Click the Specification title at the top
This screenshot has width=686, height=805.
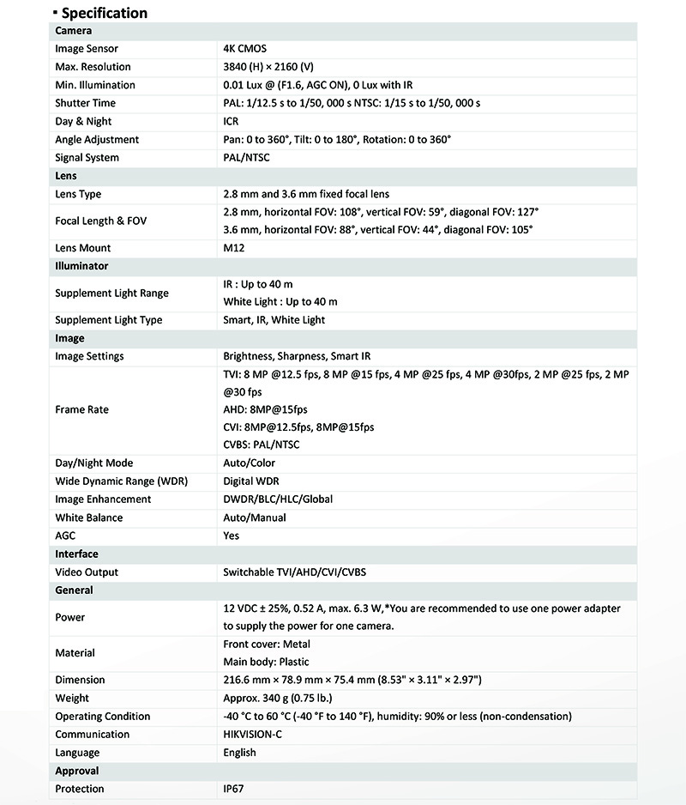pos(104,13)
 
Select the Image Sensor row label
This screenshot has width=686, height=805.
pos(87,49)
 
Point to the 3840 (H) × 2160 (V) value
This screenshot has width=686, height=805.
pos(269,67)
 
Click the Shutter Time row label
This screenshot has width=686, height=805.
pos(85,103)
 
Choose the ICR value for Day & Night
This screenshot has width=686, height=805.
pos(231,121)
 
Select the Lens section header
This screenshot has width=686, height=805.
pos(66,176)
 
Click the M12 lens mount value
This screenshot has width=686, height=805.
pos(233,248)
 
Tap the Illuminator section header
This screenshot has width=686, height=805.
pos(81,266)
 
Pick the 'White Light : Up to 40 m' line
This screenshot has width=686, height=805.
pos(280,302)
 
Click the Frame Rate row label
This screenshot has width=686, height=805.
pos(82,409)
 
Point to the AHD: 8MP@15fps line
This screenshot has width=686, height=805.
pos(266,409)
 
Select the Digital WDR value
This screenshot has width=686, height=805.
pos(251,481)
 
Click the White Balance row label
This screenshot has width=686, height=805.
pos(89,517)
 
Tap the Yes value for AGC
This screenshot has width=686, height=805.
pos(232,536)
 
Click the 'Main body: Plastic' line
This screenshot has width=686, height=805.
pos(266,662)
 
